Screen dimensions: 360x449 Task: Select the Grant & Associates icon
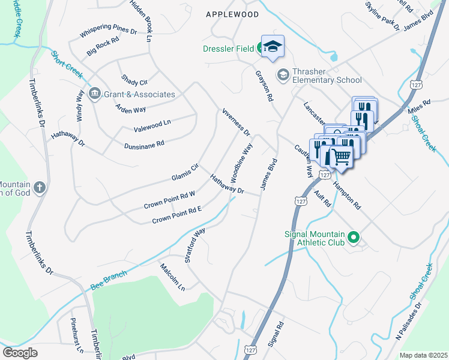94,94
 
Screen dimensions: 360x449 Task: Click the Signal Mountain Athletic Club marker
354,238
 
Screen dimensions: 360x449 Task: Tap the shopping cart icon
341,157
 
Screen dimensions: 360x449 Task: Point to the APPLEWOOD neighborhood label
232,14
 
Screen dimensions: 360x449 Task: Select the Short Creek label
65,62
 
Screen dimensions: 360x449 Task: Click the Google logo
20,353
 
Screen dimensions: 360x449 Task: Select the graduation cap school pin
273,47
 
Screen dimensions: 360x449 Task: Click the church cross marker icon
40,187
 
